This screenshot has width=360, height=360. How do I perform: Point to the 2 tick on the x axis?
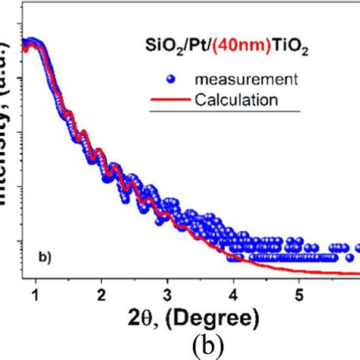(102, 294)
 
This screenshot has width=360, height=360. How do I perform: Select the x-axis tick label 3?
(168, 294)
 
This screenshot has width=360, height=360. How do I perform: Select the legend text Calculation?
(235, 99)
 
